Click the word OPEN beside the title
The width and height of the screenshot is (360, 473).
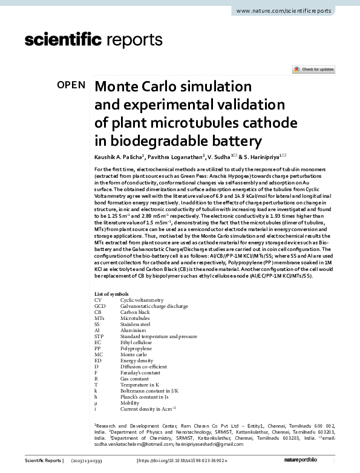(71, 85)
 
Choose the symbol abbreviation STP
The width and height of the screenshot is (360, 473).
(100, 336)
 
